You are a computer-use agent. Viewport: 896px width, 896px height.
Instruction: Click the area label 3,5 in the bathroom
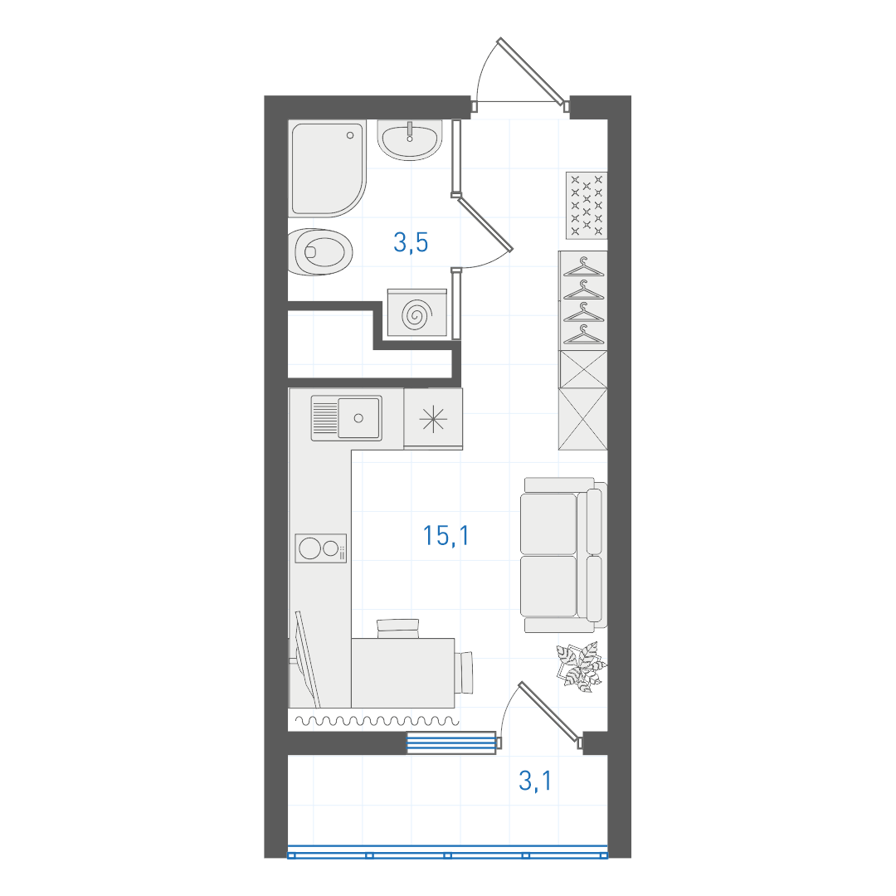411,243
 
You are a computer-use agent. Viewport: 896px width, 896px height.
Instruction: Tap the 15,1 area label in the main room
446,536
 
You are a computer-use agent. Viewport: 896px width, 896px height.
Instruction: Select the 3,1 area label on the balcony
535,781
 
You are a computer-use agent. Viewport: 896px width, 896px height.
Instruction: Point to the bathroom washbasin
410,140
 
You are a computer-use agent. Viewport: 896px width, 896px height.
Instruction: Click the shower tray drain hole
350,135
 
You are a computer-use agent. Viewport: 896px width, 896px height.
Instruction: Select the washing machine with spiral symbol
417,313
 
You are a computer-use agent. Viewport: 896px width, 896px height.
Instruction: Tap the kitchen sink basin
359,418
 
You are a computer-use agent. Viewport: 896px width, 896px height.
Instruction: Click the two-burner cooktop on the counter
320,548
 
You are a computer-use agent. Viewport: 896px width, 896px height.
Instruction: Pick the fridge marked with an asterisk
433,419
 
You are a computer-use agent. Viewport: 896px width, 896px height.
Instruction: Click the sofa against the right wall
563,555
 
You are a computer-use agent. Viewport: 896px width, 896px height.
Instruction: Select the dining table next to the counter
403,673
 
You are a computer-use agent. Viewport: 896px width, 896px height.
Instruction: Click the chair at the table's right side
465,672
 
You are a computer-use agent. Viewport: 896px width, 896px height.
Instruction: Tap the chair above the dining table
398,629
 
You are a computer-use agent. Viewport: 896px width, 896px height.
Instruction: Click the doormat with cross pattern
587,206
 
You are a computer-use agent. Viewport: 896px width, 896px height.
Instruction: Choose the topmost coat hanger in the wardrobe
583,267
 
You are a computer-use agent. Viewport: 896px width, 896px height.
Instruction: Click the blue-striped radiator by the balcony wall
450,743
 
